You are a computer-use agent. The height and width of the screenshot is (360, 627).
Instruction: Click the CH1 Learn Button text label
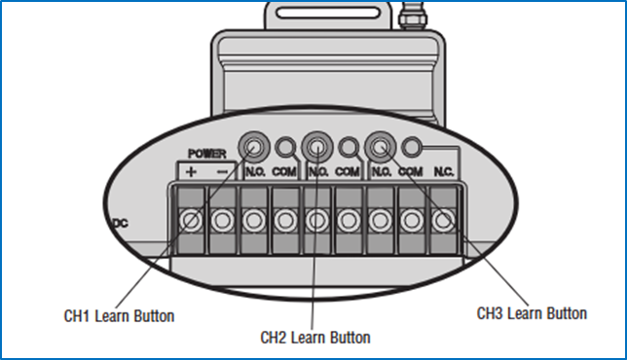click(x=119, y=316)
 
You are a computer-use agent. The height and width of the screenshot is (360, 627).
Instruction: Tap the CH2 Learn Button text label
click(x=315, y=338)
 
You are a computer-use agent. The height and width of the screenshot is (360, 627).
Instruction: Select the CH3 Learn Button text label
click(x=532, y=313)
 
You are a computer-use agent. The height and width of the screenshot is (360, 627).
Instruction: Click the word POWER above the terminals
click(x=207, y=154)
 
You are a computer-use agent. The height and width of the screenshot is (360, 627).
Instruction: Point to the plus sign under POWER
click(x=191, y=172)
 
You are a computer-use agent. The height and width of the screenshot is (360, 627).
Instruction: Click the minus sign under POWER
click(x=222, y=172)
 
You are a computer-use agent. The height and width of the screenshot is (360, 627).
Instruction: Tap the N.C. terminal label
click(x=444, y=172)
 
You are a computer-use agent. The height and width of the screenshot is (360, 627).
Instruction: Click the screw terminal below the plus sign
click(x=191, y=220)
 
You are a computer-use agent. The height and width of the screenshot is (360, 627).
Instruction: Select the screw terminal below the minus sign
click(x=222, y=220)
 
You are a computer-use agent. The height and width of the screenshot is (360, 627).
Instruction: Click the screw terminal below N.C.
click(x=443, y=220)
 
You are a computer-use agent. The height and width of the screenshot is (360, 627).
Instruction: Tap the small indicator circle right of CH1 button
click(x=285, y=147)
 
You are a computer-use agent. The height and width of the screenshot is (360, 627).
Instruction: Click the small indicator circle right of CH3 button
click(x=412, y=147)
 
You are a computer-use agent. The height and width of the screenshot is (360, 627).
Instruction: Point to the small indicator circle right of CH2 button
click(x=349, y=147)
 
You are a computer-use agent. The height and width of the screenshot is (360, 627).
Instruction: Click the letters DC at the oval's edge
click(x=121, y=224)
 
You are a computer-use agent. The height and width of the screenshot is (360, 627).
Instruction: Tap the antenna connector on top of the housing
click(x=413, y=16)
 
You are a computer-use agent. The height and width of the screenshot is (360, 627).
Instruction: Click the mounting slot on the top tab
click(x=328, y=13)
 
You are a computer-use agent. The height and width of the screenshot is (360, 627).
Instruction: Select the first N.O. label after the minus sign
click(x=255, y=172)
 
